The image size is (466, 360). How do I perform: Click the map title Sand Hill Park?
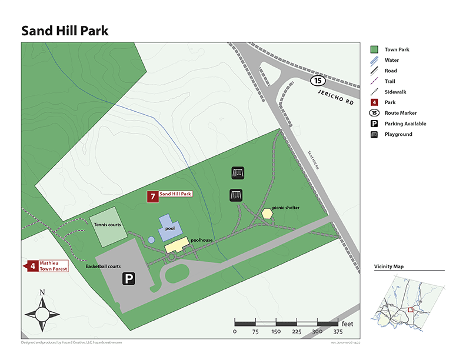click(65, 31)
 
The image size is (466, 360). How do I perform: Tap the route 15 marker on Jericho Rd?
click(318, 80)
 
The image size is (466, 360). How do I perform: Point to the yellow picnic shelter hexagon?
click(267, 214)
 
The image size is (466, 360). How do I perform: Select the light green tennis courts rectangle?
click(108, 226)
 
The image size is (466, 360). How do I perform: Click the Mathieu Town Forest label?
click(53, 265)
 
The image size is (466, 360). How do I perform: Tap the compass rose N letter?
click(42, 292)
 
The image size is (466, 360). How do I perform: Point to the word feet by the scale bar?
click(348, 323)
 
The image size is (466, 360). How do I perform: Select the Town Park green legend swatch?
click(374, 50)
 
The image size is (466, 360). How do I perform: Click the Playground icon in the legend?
click(374, 134)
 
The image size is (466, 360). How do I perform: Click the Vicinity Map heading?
click(389, 266)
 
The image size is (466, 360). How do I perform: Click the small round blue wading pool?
click(151, 239)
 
